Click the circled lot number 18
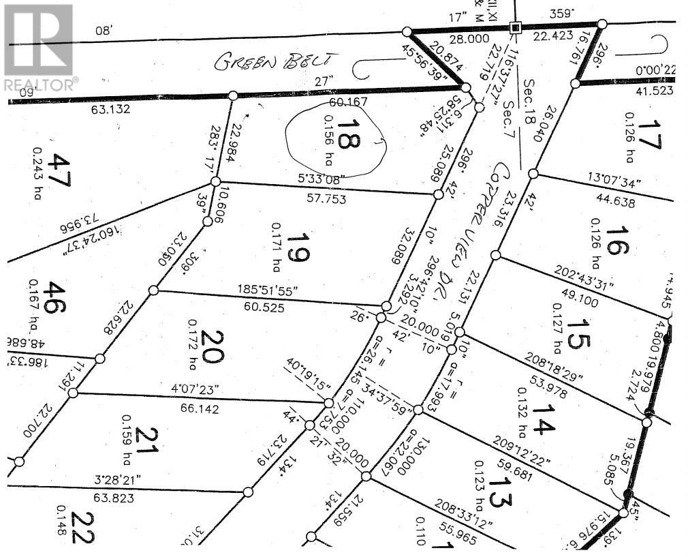pos(349,133)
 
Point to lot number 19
pos(298,247)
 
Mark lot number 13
pos(499,492)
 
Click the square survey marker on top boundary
pos(516,28)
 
